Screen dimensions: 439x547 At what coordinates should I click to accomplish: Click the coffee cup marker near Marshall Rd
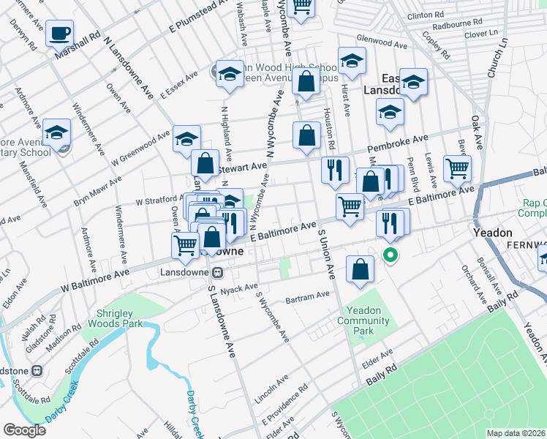coord(59,34)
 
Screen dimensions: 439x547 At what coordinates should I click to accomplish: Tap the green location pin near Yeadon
coord(391,256)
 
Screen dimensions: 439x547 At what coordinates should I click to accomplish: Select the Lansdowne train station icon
coord(216,272)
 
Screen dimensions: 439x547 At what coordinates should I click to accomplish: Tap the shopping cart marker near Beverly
coord(458,168)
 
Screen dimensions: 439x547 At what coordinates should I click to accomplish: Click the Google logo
coord(25,430)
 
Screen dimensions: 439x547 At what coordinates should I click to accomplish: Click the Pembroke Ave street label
coord(397,140)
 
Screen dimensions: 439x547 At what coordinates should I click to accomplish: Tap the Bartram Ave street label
coord(308,296)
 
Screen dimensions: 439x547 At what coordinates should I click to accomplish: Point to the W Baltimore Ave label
coord(95,274)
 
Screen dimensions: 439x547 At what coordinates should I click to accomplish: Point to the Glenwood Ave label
coord(382,45)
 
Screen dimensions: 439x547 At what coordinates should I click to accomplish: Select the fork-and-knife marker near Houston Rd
coord(335,170)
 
